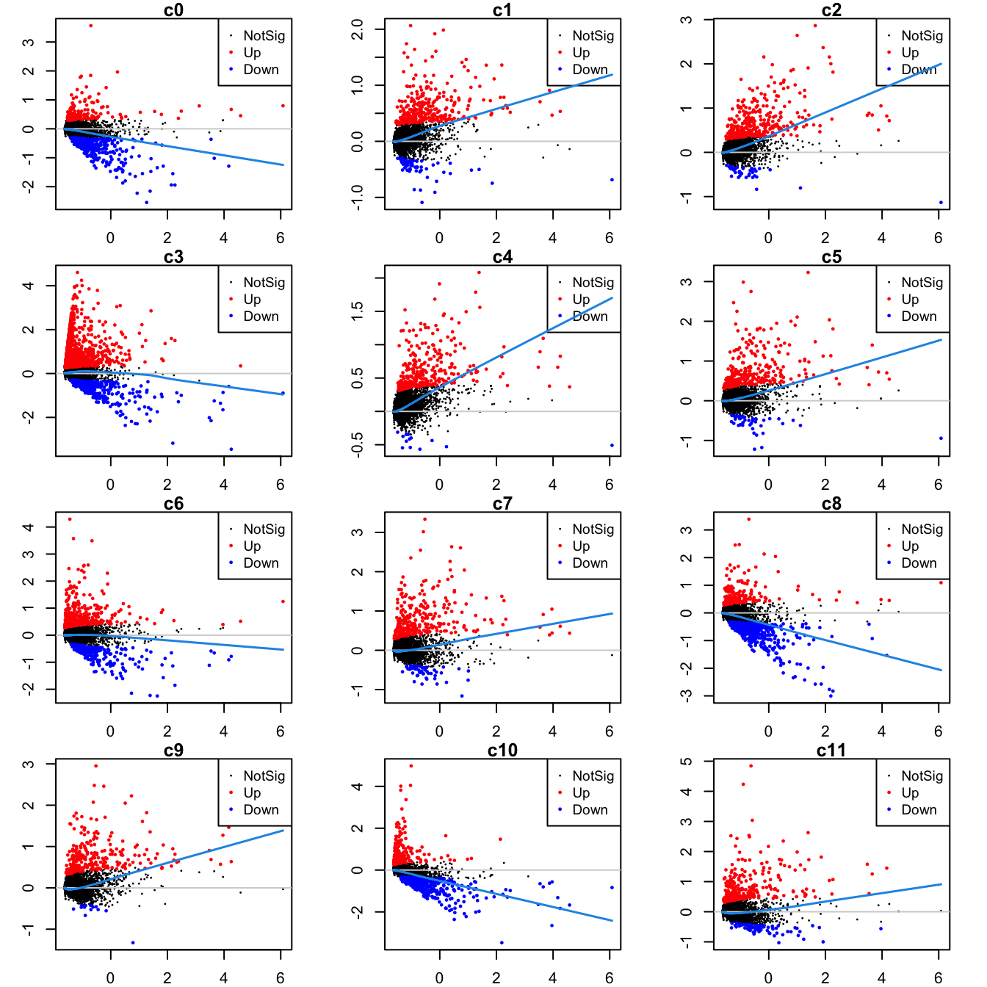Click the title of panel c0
pos(173,10)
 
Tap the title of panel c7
pos(502,504)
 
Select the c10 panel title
pos(502,751)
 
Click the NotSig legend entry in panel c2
pos(922,35)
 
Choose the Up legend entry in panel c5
pos(910,299)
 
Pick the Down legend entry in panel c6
pos(261,563)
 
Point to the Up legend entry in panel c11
pos(910,792)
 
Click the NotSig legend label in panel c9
pos(264,775)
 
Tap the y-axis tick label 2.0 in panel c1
pos(358,29)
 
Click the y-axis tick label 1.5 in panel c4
pos(358,311)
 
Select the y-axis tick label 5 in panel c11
pos(687,762)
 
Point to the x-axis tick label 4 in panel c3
pos(224,485)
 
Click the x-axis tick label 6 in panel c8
pos(938,731)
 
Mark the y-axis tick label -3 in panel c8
pos(687,695)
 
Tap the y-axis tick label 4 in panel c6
pos(29,527)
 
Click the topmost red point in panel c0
pos(90,26)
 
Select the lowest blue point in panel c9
pos(133,942)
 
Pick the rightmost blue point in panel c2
pos(941,203)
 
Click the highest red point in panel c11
pos(751,766)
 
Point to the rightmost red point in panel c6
pos(283,601)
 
